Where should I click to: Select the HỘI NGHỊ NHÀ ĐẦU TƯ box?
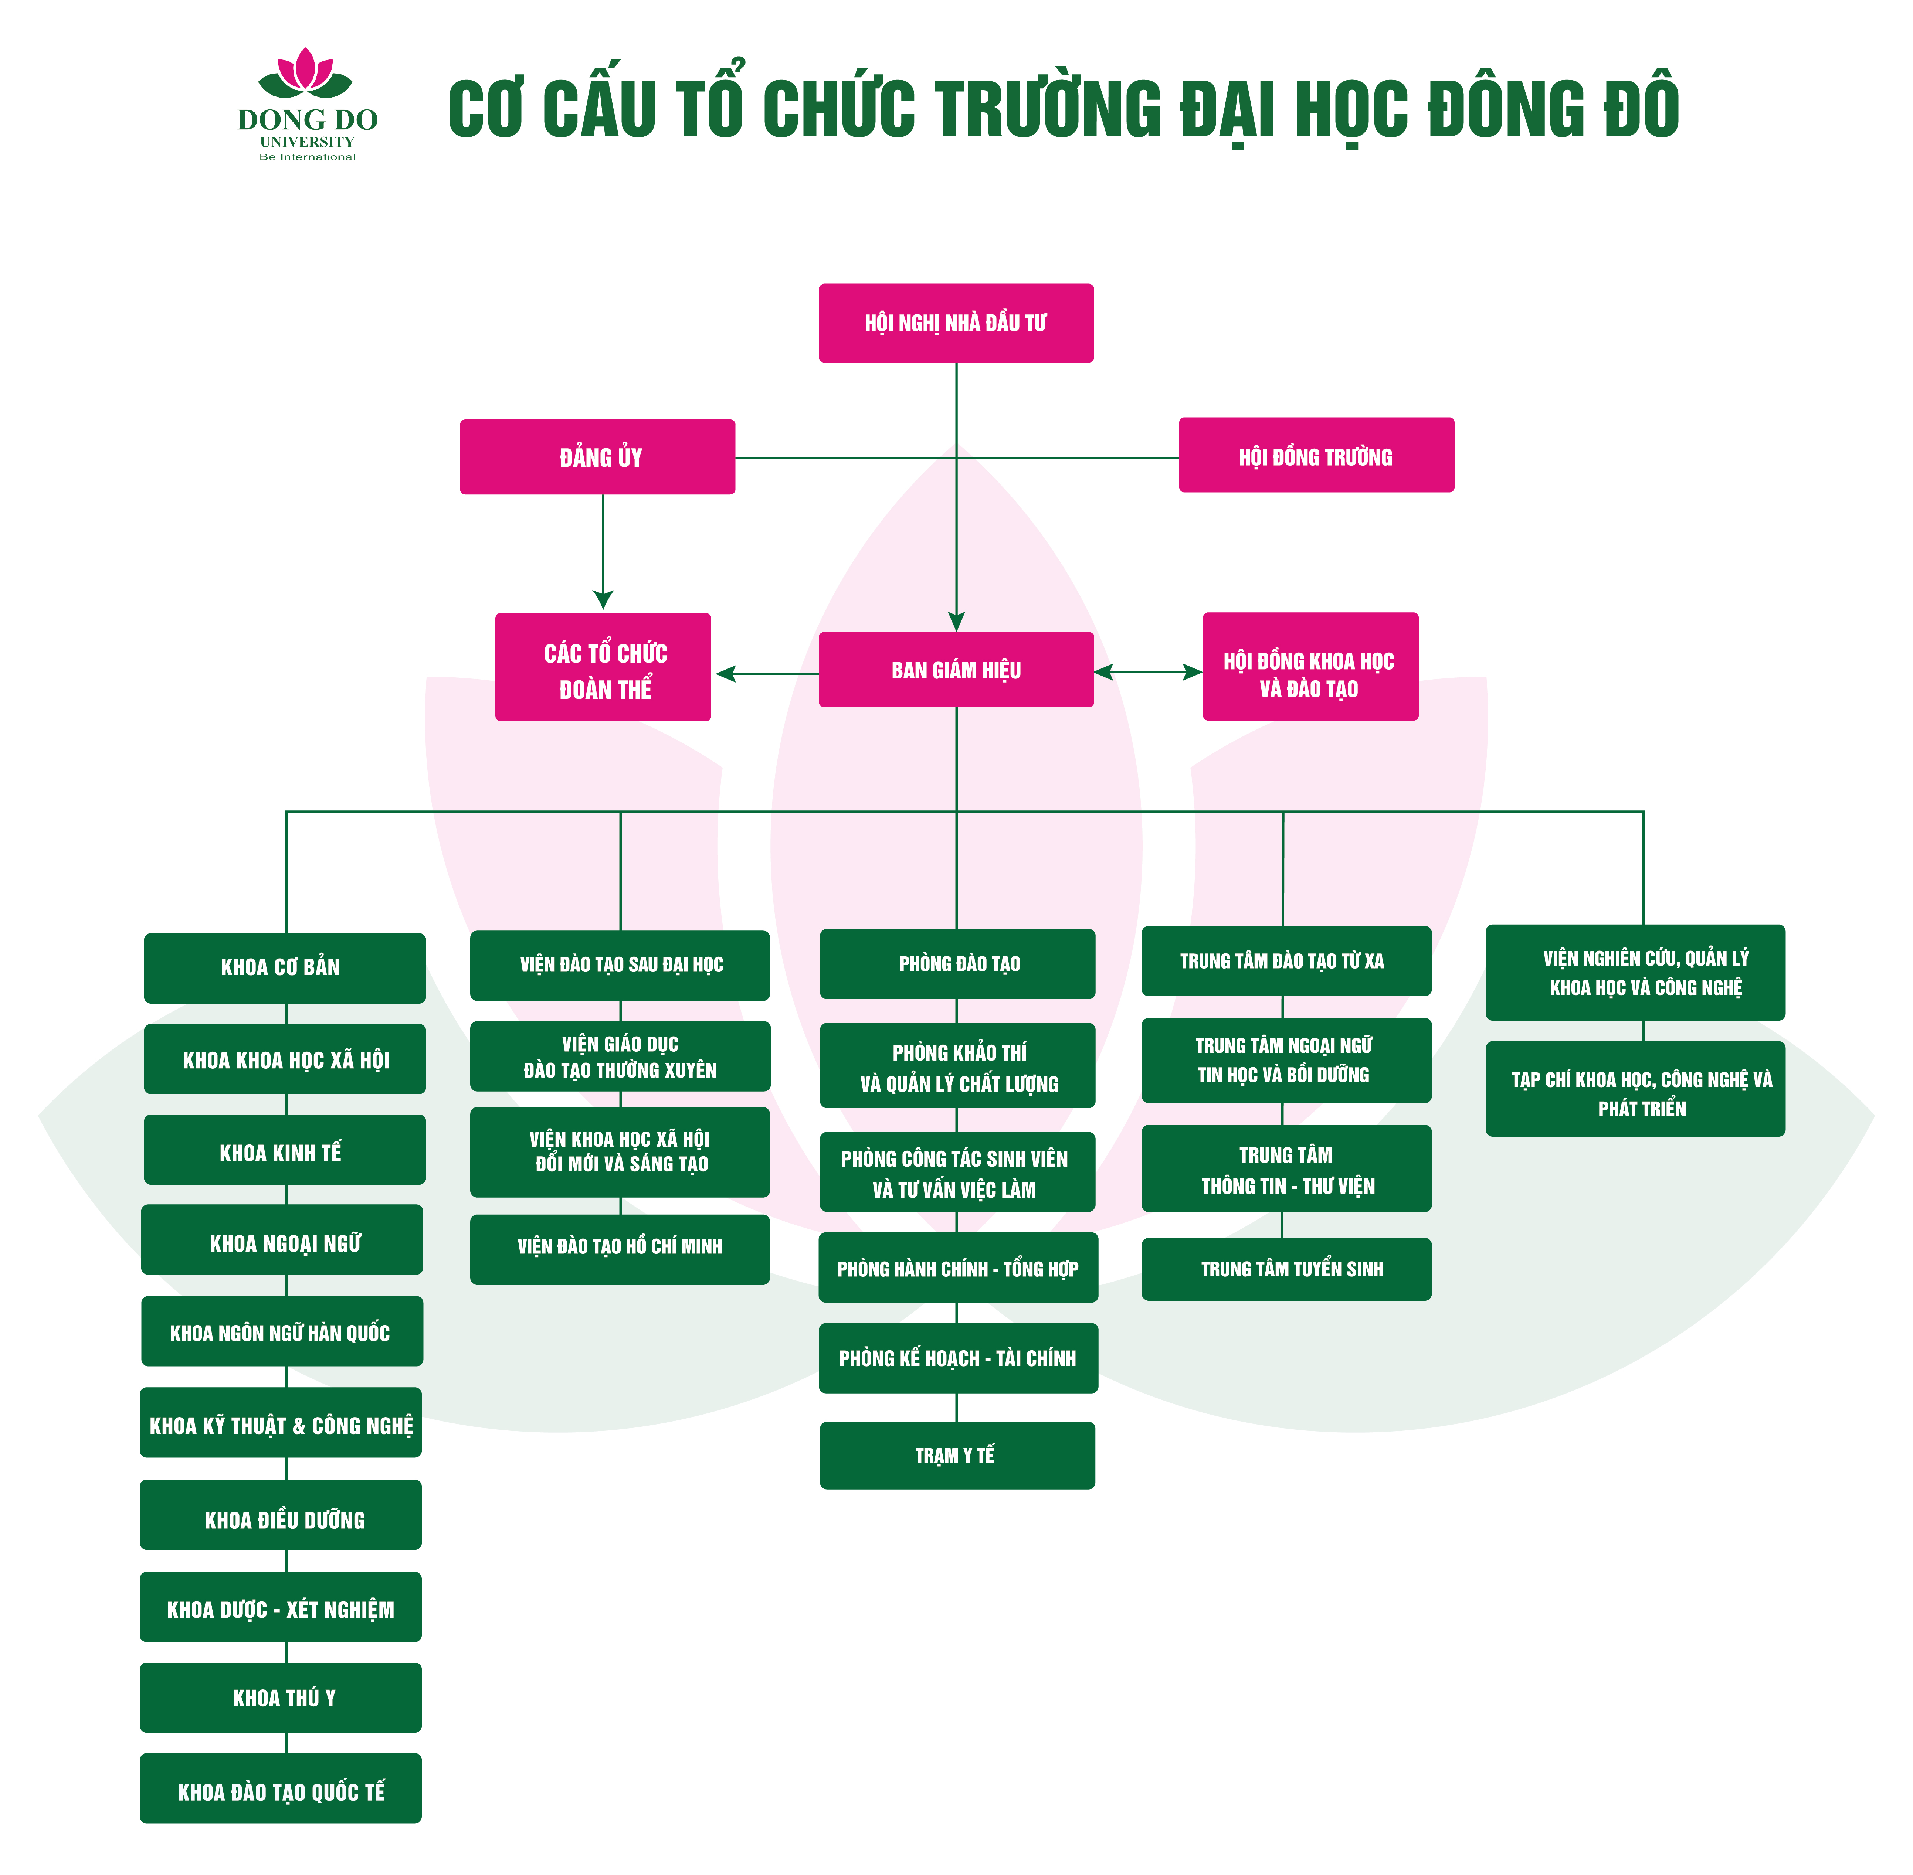coord(956,323)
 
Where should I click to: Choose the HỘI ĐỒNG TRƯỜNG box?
coord(1316,455)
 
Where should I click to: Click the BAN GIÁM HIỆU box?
coord(956,670)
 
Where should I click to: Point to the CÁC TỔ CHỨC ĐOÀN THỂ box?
coord(603,668)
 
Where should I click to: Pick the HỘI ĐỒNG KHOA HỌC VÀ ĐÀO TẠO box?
coord(1310,667)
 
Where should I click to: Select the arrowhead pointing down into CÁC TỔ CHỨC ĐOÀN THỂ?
coord(603,599)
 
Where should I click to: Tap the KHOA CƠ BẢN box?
coord(285,968)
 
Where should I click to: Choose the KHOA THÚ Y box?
coord(281,1698)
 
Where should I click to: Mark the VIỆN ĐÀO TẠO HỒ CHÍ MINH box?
coord(620,1249)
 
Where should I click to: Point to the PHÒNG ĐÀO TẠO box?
coord(957,964)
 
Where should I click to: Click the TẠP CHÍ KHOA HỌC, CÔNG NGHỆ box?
coord(1635,1089)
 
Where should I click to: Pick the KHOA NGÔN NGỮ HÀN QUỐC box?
coord(282,1331)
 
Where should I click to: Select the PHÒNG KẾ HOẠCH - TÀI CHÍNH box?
coord(957,1358)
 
